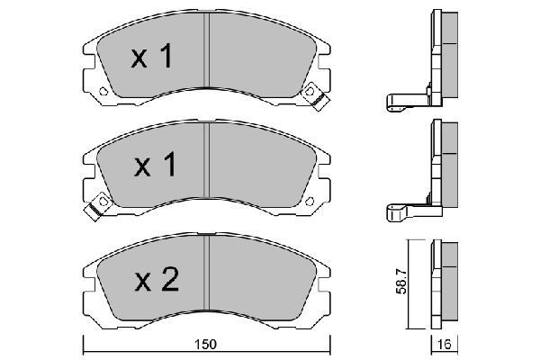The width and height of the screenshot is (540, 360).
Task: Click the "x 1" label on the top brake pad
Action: (x=150, y=58)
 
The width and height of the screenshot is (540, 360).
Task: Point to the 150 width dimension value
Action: (x=207, y=345)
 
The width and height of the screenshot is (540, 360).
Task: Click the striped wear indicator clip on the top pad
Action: (x=315, y=95)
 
